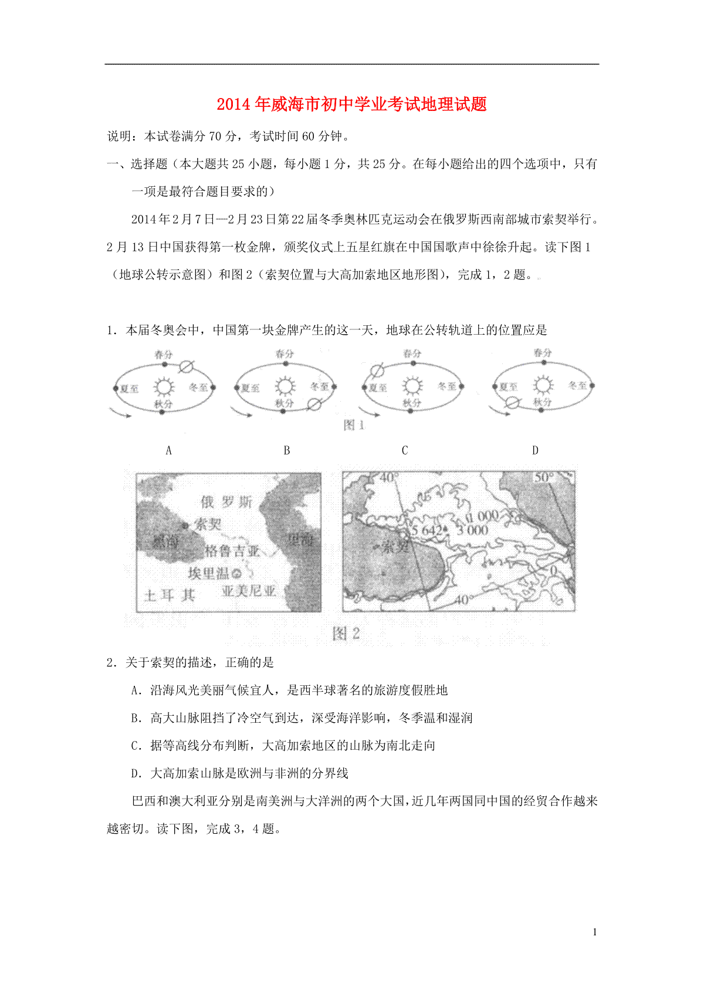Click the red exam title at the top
[351, 105]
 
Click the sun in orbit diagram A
[164, 386]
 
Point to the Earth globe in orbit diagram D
[513, 402]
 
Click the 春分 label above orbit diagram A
[164, 355]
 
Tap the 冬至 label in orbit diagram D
[577, 385]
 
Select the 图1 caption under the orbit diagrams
[354, 425]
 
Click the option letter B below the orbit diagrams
[287, 450]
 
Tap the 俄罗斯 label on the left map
[226, 501]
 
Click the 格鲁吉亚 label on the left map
[232, 551]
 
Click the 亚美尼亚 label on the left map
[248, 591]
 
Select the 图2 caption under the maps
[346, 634]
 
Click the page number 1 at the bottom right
[595, 932]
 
